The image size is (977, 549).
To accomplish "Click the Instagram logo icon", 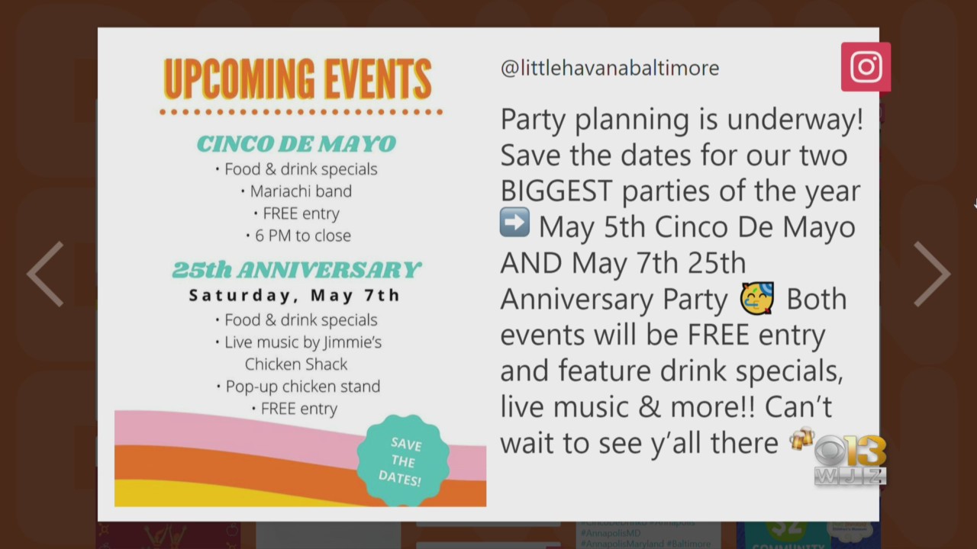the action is pos(866,66).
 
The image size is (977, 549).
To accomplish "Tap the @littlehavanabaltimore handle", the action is pos(610,68).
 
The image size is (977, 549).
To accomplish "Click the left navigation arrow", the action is pos(45,274).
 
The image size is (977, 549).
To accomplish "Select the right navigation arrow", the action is pos(932,274).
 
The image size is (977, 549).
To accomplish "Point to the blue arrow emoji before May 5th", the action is pos(514,222).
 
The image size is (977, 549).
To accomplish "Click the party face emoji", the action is pos(757,298).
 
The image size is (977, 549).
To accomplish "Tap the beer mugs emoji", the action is pos(801,438).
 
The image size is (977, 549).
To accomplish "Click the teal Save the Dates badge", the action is pos(403,460).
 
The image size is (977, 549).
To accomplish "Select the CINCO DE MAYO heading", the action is pos(297,144).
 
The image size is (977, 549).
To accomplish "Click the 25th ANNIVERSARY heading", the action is pos(297,270).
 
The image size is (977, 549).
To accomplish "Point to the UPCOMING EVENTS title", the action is pos(298,79).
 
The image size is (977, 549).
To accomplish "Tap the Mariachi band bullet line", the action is pos(297,191).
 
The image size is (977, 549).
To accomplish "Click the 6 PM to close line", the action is pos(298,236).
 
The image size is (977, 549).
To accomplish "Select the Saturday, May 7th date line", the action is pos(295,295).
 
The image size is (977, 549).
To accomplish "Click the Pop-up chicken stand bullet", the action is pos(298,387).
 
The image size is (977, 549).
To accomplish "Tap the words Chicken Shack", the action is pos(296,364).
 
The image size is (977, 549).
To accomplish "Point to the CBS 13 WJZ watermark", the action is pos(850,460).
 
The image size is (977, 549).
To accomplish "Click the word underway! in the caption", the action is pos(795,120).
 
